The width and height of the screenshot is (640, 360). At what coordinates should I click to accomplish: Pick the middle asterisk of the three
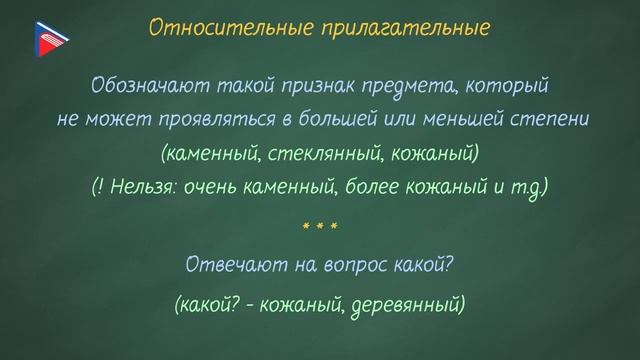[320, 228]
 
